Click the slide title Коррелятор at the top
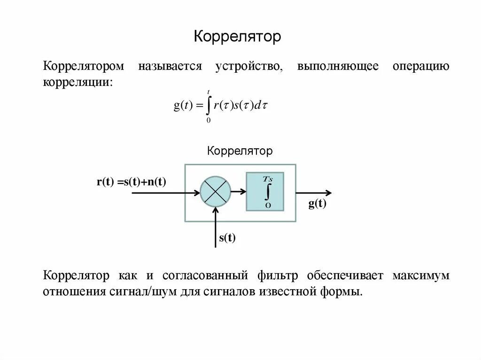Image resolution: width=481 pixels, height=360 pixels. (x=237, y=37)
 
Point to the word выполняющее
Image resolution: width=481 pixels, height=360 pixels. (x=338, y=66)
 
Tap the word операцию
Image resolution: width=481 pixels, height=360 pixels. (x=421, y=66)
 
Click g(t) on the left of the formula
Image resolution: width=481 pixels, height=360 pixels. (x=183, y=106)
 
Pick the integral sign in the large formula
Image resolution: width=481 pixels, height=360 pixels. (x=208, y=106)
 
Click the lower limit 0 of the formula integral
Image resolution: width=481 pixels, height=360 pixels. (x=208, y=121)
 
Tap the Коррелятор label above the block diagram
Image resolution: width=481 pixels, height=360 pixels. (x=240, y=151)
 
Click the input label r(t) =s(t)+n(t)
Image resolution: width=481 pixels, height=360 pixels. (x=132, y=182)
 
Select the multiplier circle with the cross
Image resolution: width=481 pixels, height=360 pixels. (x=216, y=191)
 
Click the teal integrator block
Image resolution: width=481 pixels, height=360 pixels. (x=265, y=191)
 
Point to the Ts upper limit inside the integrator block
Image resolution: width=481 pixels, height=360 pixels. (x=267, y=179)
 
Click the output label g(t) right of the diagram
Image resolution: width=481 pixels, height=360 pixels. (x=317, y=204)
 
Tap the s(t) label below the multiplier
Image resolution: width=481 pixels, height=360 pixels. (x=227, y=238)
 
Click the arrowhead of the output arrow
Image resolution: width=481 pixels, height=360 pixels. (x=328, y=192)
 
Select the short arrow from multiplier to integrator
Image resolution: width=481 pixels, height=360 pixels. (x=239, y=191)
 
